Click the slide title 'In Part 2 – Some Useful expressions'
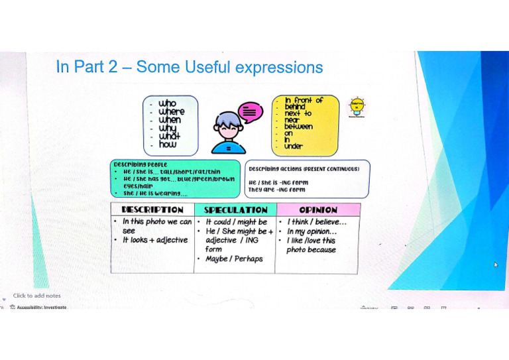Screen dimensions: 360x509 [190, 68]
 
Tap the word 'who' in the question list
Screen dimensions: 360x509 [168, 103]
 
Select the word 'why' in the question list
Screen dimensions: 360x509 [168, 128]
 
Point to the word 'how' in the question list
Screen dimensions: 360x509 [168, 144]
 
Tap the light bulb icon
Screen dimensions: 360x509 [357, 107]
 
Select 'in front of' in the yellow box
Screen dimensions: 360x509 [304, 100]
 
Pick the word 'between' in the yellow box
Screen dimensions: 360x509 [298, 126]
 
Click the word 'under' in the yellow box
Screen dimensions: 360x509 [294, 146]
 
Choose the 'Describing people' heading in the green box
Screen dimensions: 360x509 [141, 164]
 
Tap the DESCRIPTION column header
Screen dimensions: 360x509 [152, 210]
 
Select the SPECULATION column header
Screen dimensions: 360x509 [235, 210]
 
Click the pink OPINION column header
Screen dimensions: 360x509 [317, 210]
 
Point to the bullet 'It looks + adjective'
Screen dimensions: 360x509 [155, 240]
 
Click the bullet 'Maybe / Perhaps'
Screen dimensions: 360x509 [234, 259]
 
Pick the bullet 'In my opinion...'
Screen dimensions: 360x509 [311, 231]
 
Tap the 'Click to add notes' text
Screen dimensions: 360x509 [36, 296]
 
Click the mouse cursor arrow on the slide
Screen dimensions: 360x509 [496, 265]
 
